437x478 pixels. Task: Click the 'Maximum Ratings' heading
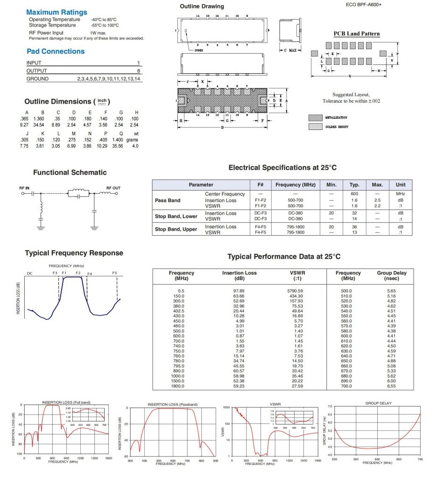tap(56, 12)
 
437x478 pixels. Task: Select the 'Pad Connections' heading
tap(56, 51)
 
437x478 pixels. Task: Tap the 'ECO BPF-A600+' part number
tap(365, 4)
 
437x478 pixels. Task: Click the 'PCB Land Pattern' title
tap(356, 34)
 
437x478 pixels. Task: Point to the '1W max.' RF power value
tap(98, 33)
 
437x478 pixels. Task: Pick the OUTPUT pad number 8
tap(138, 71)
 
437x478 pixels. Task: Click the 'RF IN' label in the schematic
tap(24, 188)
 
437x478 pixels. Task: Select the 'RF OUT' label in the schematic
tap(113, 188)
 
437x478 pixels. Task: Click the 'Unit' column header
tap(400, 185)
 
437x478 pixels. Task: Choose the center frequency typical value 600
tap(354, 194)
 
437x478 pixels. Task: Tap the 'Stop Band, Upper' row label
tap(176, 229)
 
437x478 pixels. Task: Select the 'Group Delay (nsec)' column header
tap(392, 275)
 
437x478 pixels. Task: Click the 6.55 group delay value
tap(391, 386)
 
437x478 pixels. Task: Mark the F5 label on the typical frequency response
tap(115, 273)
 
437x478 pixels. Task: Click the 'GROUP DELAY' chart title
tap(378, 403)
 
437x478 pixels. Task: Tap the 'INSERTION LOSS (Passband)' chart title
tap(172, 404)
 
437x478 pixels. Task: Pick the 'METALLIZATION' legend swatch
tap(315, 118)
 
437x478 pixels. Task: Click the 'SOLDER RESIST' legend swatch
tap(315, 127)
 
